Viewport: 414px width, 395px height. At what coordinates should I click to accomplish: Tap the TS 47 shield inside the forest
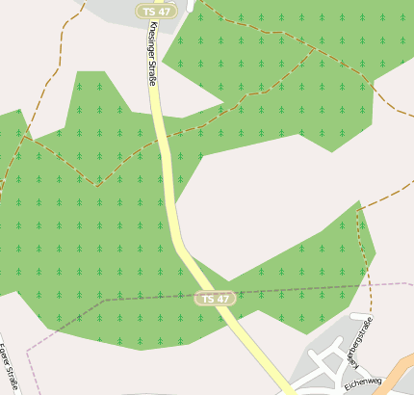point(216,300)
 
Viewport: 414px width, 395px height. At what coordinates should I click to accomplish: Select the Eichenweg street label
point(363,382)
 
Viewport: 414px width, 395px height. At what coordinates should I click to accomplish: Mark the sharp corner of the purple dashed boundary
point(104,301)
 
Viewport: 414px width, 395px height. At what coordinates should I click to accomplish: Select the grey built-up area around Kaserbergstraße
point(323,361)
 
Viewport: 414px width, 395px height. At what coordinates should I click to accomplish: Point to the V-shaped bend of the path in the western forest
point(95,183)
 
